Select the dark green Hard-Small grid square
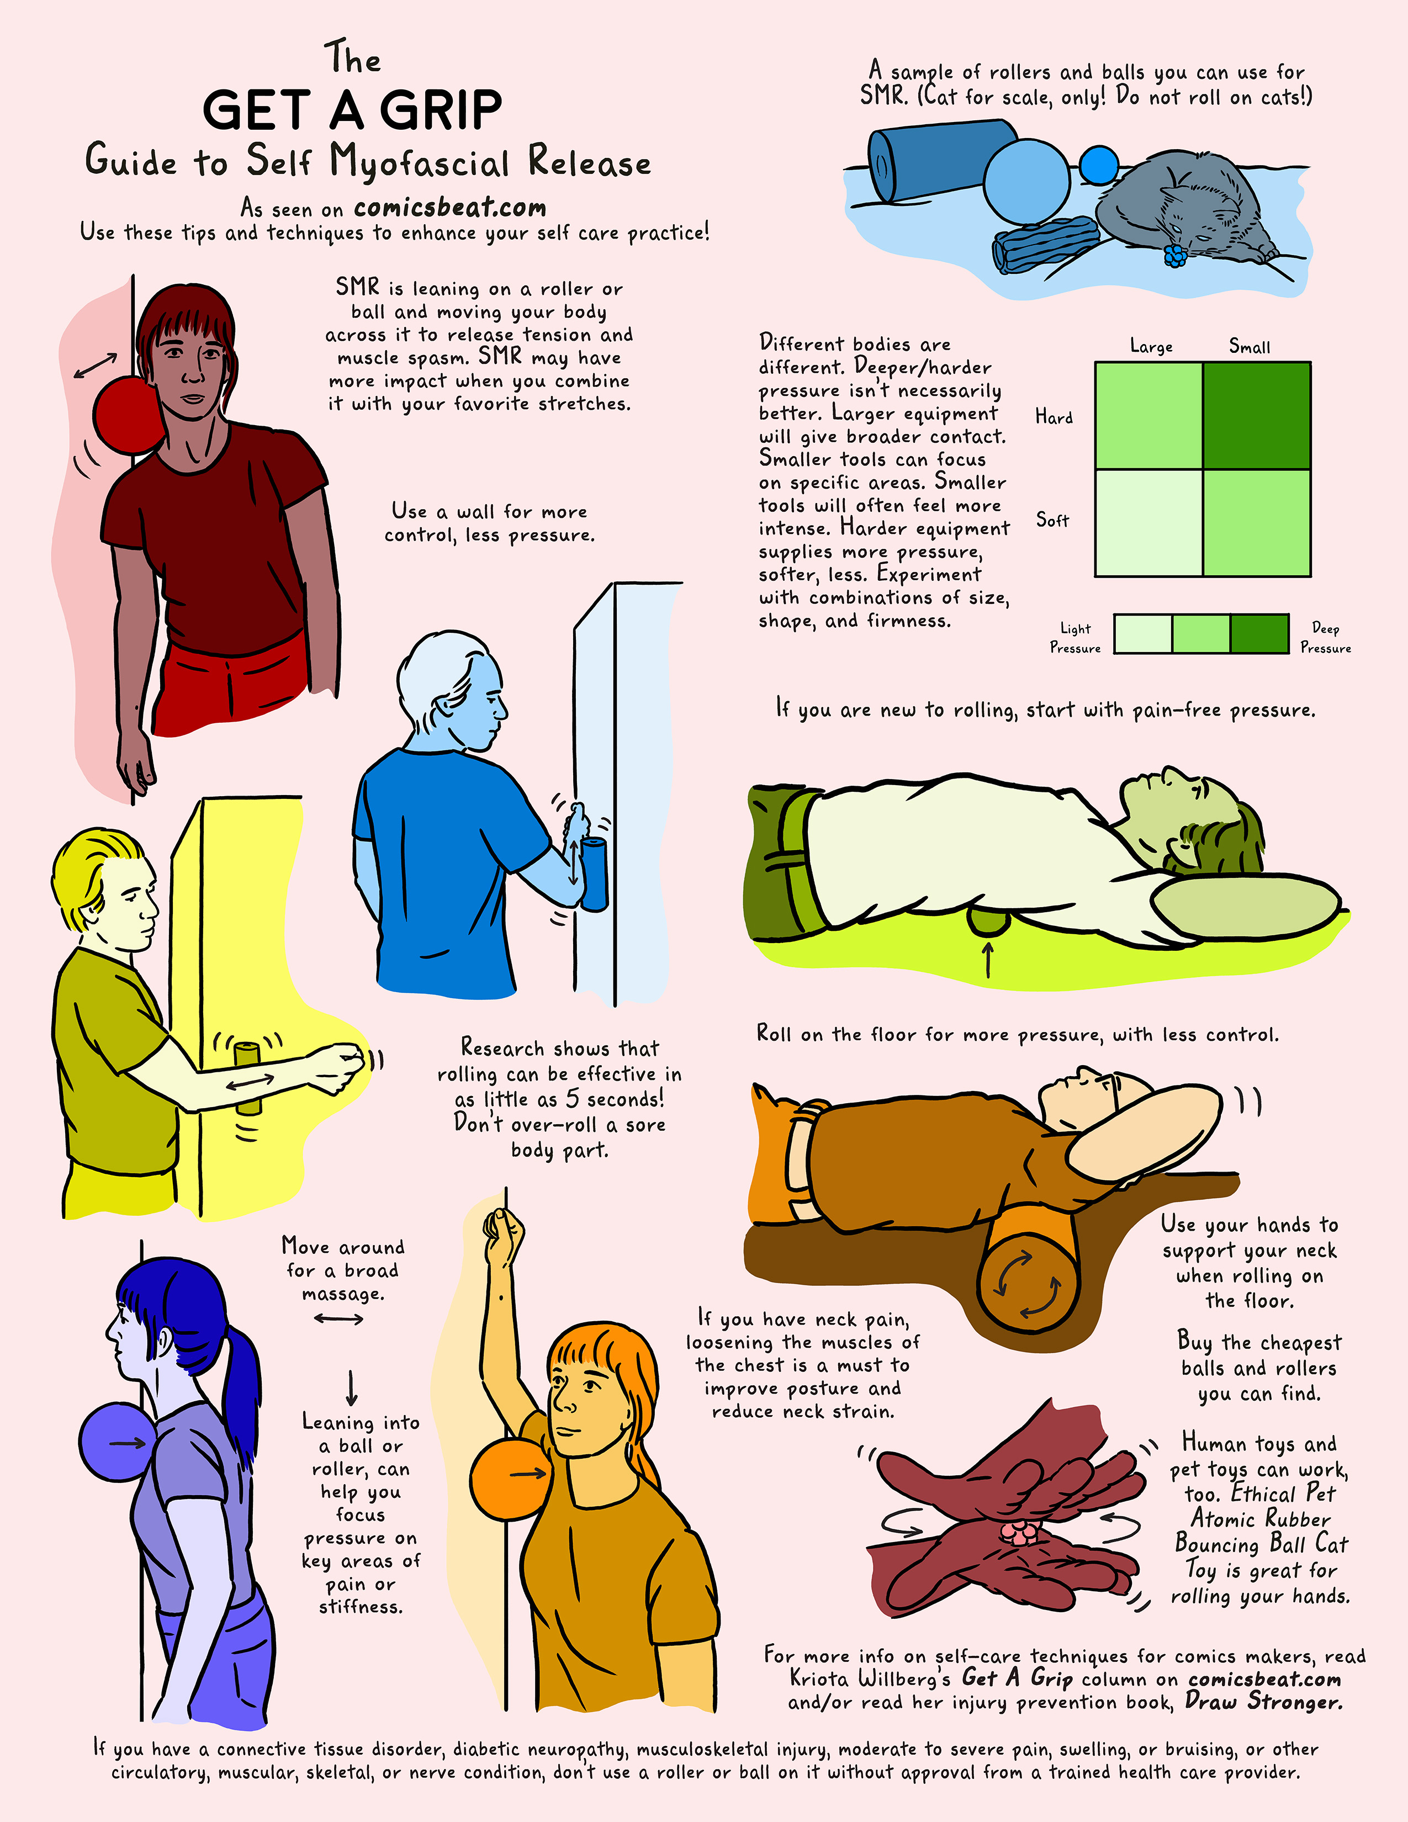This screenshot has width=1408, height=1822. point(1256,415)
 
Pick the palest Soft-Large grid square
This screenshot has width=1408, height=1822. point(1148,523)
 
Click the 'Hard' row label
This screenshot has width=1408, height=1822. point(1054,416)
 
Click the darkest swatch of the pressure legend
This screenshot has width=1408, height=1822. point(1259,633)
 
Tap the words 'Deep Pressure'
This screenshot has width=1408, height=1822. point(1325,637)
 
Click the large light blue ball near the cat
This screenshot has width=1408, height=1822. point(1026,182)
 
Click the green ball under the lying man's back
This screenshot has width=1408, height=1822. point(988,922)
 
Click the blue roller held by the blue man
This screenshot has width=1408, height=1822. point(595,875)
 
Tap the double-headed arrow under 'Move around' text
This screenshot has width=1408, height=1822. point(338,1319)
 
